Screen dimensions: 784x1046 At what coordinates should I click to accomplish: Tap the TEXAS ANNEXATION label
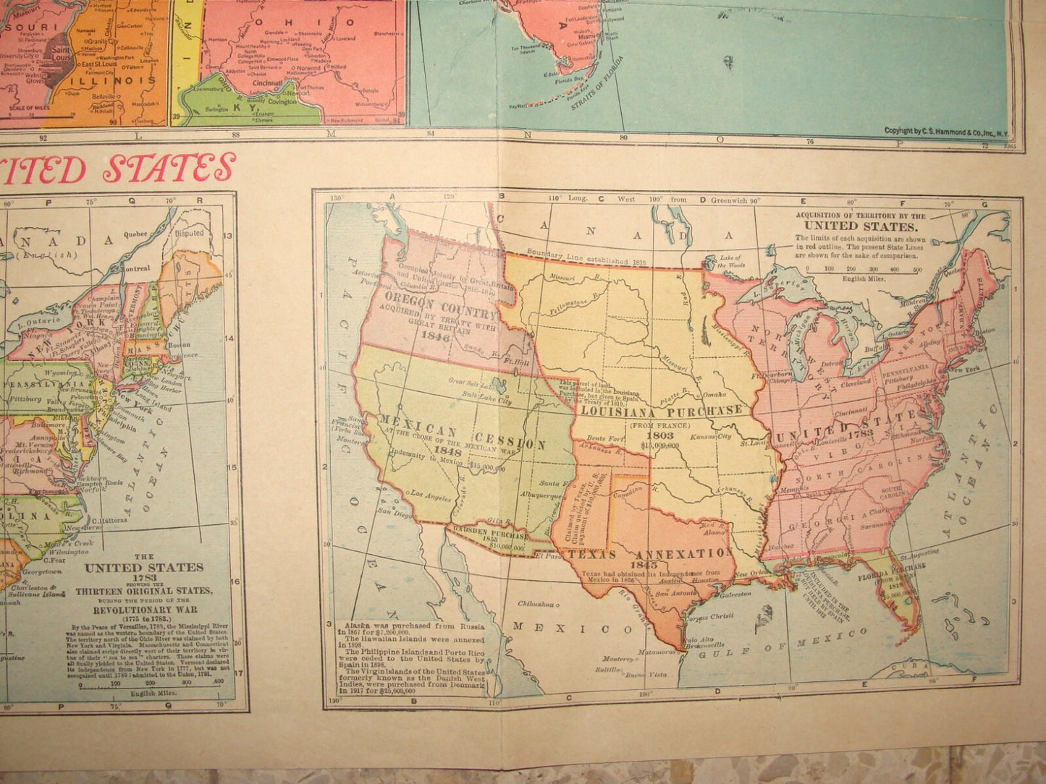click(651, 554)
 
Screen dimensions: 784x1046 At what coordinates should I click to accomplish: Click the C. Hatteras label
click(109, 519)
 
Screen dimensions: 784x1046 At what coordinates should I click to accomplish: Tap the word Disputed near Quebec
click(190, 233)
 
